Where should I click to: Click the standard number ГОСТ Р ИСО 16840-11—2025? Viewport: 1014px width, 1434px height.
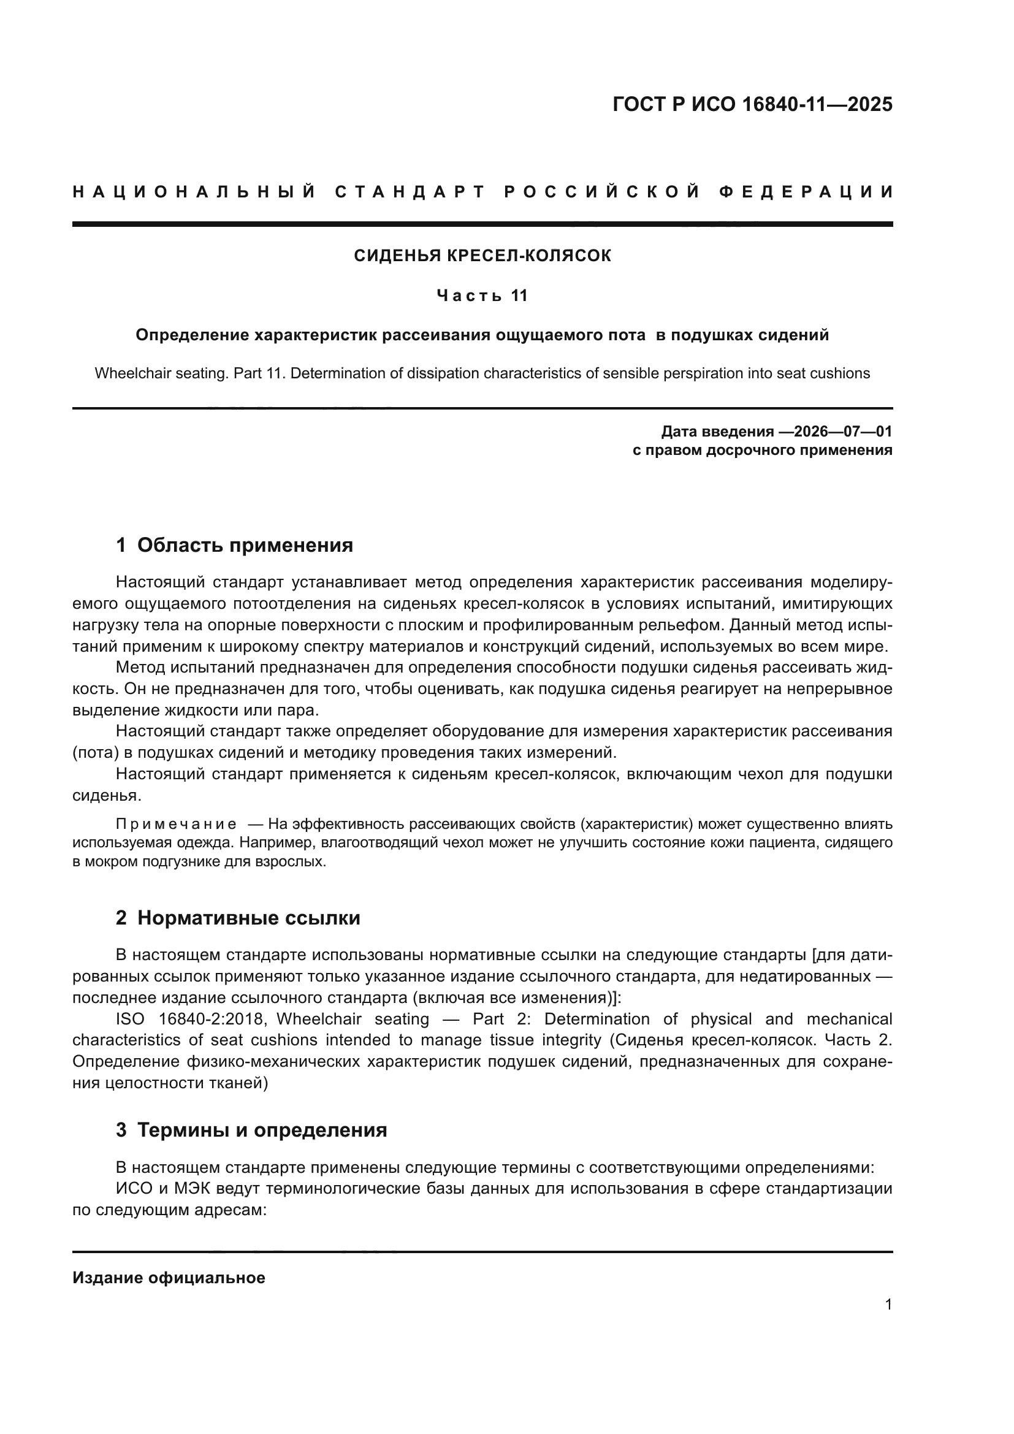[x=752, y=104]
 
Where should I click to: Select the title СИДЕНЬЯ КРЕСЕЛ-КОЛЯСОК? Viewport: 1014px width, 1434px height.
[x=482, y=256]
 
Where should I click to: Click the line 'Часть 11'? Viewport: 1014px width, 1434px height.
[x=482, y=296]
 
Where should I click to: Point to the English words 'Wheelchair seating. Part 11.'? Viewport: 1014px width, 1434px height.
[x=191, y=373]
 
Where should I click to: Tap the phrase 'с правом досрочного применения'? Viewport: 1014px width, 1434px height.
[x=762, y=451]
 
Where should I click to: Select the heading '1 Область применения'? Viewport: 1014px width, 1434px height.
[x=234, y=545]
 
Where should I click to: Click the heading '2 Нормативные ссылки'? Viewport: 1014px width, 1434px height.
[x=238, y=918]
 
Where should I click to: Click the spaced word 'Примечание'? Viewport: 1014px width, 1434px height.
[x=176, y=825]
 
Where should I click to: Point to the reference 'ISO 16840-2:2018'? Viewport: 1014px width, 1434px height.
[x=191, y=1019]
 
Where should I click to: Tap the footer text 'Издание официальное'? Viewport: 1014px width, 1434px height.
[x=169, y=1277]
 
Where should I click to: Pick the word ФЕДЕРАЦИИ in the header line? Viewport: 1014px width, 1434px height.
[x=806, y=192]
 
